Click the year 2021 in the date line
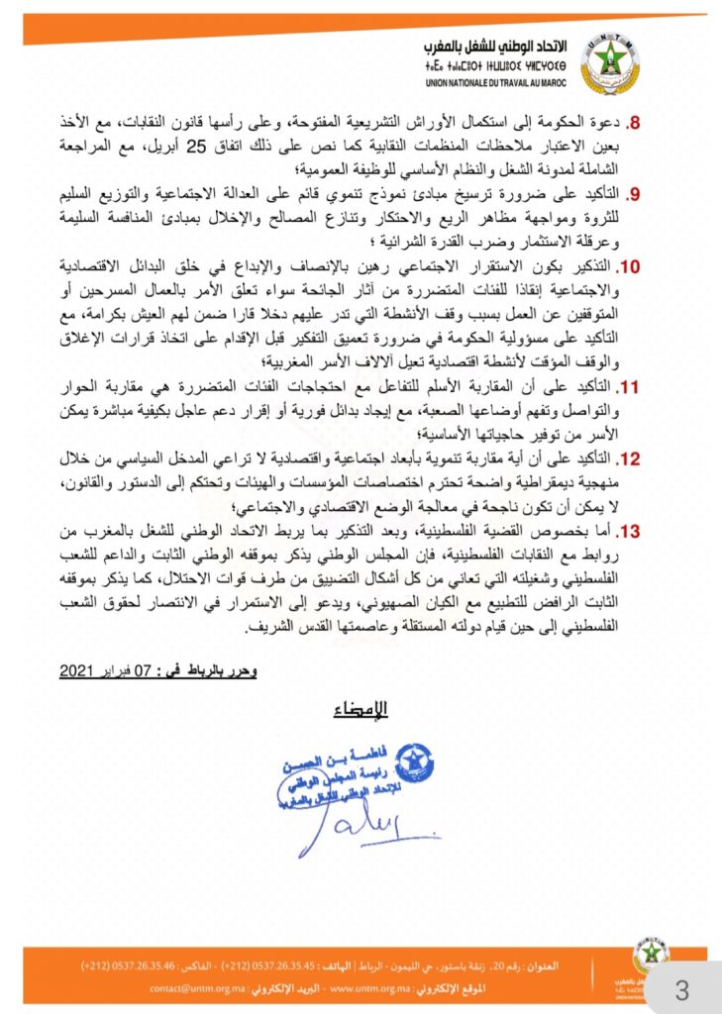(74, 670)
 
